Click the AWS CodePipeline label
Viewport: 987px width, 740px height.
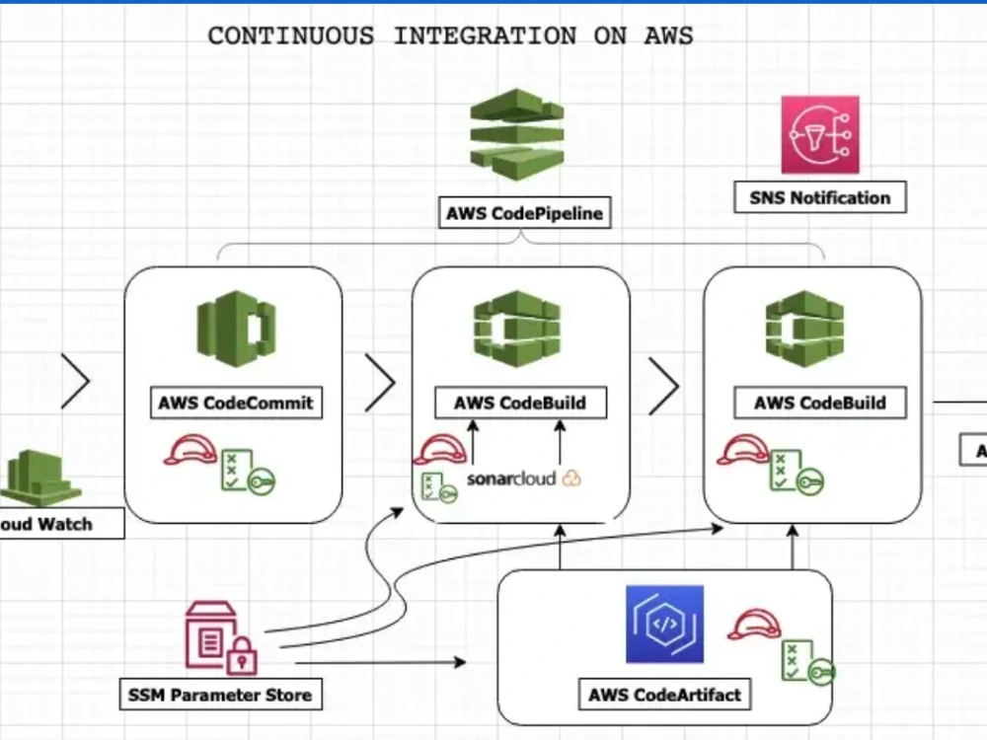click(524, 212)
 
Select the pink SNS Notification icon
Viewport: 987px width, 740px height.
click(820, 135)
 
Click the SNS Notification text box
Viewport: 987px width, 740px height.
click(819, 197)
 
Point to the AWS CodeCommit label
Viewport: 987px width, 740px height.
click(237, 403)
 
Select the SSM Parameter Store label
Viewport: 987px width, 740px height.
click(220, 695)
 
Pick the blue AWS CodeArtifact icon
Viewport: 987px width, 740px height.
click(664, 624)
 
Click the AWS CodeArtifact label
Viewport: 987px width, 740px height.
click(664, 694)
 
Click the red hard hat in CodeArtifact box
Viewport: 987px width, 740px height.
click(753, 625)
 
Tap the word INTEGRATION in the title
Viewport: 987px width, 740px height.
click(485, 37)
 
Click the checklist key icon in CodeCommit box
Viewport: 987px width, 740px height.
click(246, 473)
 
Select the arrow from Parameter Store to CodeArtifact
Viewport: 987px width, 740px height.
click(380, 662)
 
